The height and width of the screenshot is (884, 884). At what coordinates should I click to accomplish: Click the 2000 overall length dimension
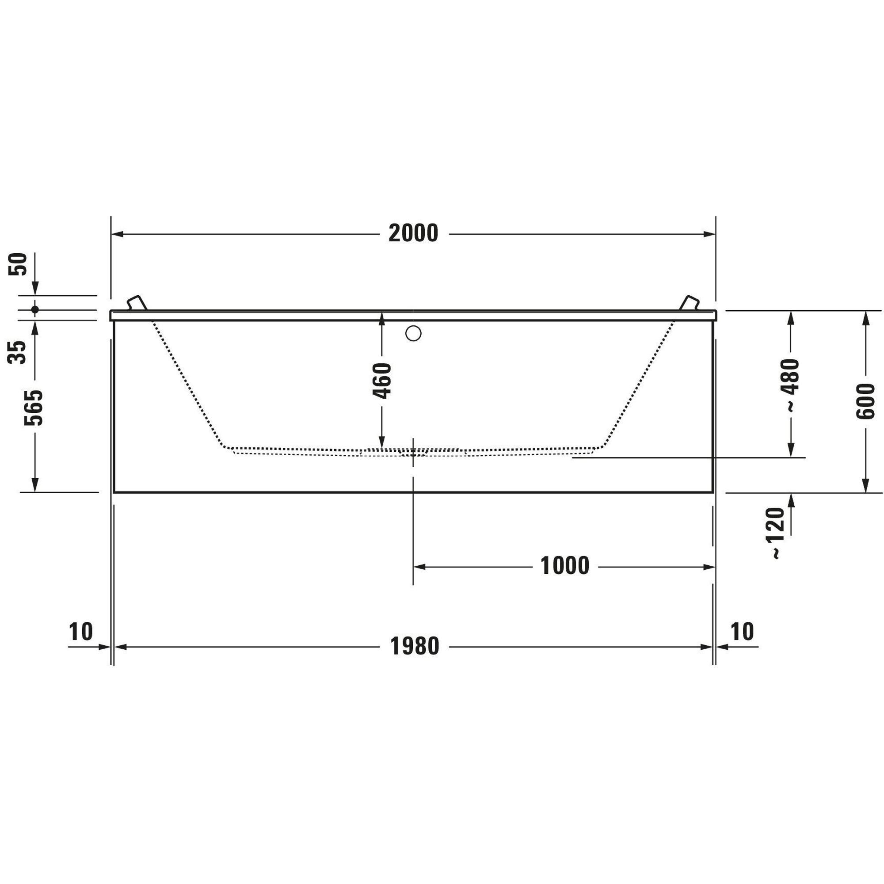[x=413, y=233]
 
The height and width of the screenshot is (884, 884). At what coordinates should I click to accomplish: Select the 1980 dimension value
[x=415, y=647]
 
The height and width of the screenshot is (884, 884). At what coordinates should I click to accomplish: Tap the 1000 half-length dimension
[x=565, y=566]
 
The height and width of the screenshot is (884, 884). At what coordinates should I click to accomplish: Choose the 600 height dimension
[x=865, y=401]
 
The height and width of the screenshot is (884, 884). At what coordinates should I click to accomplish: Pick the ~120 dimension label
[x=778, y=533]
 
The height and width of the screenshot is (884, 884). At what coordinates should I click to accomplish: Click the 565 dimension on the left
[x=34, y=408]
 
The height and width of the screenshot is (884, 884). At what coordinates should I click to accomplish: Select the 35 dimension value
[x=18, y=352]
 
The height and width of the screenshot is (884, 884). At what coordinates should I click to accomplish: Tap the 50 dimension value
[x=18, y=264]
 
